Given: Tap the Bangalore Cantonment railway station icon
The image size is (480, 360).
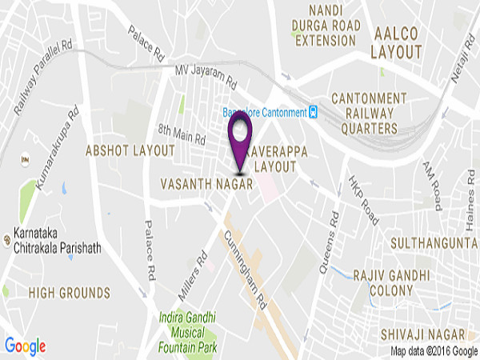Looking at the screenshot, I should pyautogui.click(x=315, y=111).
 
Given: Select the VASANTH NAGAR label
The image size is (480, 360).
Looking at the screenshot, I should pyautogui.click(x=207, y=184).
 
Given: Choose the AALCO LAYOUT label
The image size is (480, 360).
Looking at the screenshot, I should pyautogui.click(x=397, y=43).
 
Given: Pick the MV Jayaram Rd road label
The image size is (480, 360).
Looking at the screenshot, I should pyautogui.click(x=206, y=76).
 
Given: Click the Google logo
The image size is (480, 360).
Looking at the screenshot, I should pyautogui.click(x=26, y=346).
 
